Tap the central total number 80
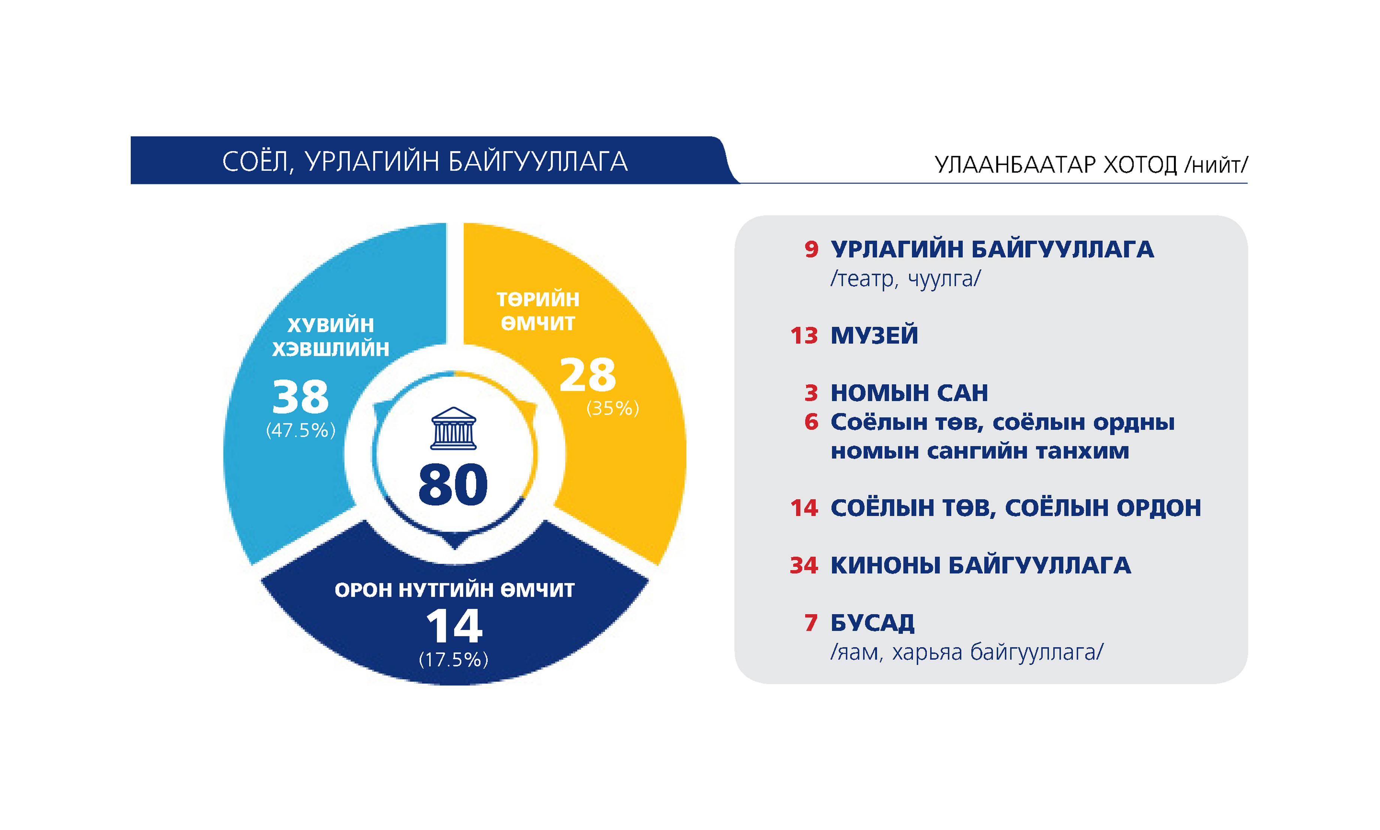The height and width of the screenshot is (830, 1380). point(453,484)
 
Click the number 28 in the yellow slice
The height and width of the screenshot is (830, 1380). point(587,374)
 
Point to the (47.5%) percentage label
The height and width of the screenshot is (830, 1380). point(300,430)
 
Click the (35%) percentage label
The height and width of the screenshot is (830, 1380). point(612,408)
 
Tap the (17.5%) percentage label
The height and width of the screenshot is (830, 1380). point(454,660)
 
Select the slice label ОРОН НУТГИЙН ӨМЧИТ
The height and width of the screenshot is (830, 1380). point(454,590)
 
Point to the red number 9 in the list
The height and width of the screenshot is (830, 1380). point(811,249)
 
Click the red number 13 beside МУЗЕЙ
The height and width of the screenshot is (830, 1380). point(804,336)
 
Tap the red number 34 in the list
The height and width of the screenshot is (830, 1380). point(804,566)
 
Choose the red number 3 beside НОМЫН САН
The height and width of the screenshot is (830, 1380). point(811,393)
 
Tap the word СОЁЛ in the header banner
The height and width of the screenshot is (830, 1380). point(257,162)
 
